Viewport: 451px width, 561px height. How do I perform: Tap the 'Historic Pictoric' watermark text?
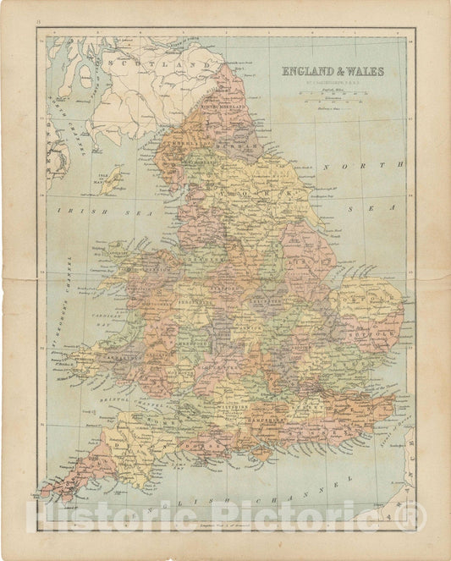pyautogui.click(x=225, y=517)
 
